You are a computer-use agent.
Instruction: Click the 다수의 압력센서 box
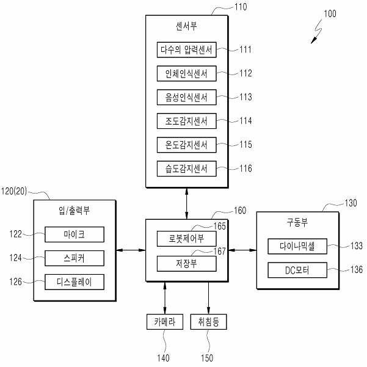[x=186, y=49]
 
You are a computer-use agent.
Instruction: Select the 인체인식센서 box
[x=186, y=73]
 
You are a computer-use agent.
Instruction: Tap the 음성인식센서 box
[x=186, y=97]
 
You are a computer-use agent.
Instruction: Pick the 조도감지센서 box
[x=186, y=121]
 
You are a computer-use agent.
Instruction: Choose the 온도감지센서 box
[x=186, y=145]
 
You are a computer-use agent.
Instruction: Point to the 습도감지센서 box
[x=186, y=169]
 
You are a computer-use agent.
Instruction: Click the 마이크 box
[x=74, y=234]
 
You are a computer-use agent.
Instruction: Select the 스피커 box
[x=74, y=258]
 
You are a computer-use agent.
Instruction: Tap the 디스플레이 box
[x=74, y=282]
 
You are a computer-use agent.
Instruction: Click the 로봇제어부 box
[x=186, y=239]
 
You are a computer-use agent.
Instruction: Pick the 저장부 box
[x=186, y=264]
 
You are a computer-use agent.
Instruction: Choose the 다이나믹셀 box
[x=297, y=246]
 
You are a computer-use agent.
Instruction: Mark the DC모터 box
[x=297, y=270]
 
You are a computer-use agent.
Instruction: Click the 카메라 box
[x=165, y=322]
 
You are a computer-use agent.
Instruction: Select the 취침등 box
[x=209, y=322]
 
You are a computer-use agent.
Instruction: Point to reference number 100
[x=330, y=13]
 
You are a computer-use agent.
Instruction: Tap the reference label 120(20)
[x=14, y=191]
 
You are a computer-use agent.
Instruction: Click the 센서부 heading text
[x=186, y=26]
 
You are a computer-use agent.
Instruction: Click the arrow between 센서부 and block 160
[x=186, y=203]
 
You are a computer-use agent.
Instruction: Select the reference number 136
[x=357, y=269]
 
